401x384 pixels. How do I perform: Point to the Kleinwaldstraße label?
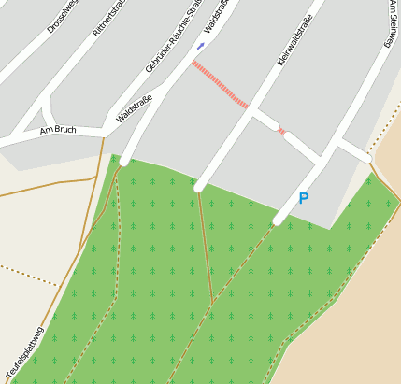(x=294, y=39)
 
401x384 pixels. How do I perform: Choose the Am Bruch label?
(x=58, y=130)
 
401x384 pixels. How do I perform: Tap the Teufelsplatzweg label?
(x=24, y=352)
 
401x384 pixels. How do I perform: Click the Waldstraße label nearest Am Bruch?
(x=134, y=114)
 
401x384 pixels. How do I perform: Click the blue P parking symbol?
(x=303, y=198)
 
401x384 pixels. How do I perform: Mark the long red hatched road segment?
(x=221, y=84)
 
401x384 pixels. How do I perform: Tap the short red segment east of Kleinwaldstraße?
(x=281, y=132)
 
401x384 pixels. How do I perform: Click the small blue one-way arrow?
(x=200, y=45)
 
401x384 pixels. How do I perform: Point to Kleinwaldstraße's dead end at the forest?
(x=199, y=187)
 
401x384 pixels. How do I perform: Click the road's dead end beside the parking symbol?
(x=279, y=220)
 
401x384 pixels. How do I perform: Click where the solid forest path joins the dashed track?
(x=214, y=300)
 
